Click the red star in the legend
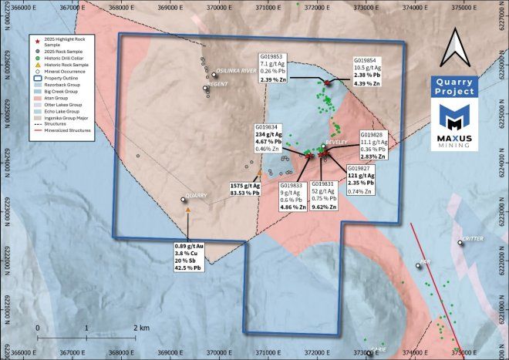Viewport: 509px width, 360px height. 36,37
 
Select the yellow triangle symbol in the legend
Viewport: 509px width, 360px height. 36,66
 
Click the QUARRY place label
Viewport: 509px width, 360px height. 196,196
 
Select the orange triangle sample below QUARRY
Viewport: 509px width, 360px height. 187,210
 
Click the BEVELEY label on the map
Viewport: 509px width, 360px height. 336,143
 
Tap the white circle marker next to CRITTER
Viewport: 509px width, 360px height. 460,244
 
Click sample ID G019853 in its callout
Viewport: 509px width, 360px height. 271,56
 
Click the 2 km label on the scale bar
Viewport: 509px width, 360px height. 141,327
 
